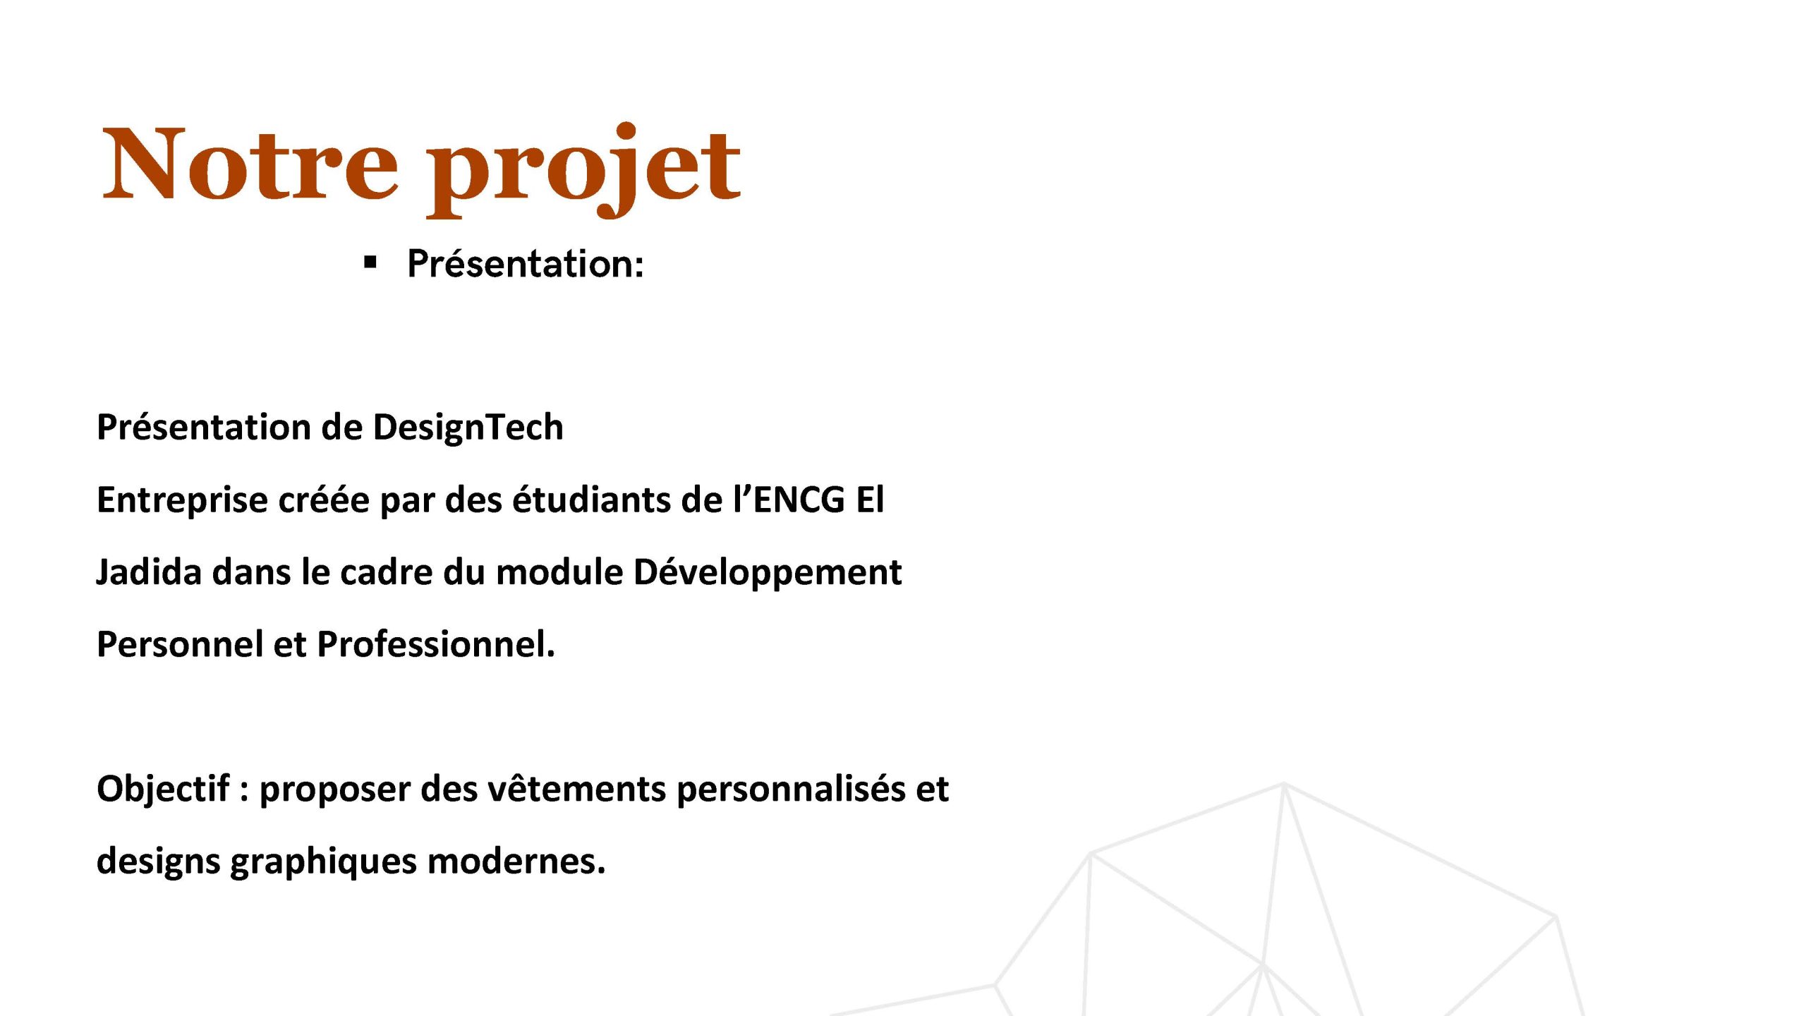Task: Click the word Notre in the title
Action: (x=250, y=164)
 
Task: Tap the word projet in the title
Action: (x=584, y=169)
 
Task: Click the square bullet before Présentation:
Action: (x=370, y=263)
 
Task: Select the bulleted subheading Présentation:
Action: (x=526, y=264)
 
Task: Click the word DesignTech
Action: (x=468, y=428)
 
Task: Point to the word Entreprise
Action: (x=182, y=500)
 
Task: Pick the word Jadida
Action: (x=149, y=571)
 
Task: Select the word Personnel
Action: (x=179, y=644)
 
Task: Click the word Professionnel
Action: (x=436, y=644)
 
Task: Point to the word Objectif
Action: (x=163, y=790)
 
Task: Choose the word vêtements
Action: (x=576, y=789)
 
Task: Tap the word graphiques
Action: (x=324, y=862)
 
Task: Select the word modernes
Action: (x=516, y=861)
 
